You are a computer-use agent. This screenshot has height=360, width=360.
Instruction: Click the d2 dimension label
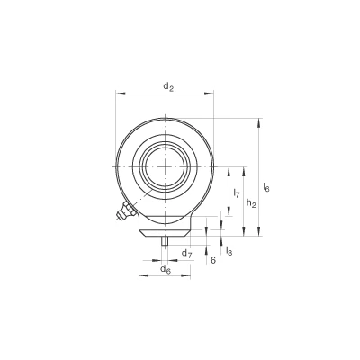click(x=168, y=86)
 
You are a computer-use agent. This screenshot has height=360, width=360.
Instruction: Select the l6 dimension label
click(x=266, y=187)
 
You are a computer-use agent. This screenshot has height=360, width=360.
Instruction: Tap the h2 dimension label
click(x=251, y=203)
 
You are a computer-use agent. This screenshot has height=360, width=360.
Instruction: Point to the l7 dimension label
click(x=237, y=193)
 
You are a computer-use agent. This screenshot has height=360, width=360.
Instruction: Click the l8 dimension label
click(x=229, y=250)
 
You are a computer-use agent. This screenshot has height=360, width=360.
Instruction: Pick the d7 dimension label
click(x=187, y=254)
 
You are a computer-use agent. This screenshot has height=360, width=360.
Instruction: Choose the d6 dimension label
click(x=166, y=269)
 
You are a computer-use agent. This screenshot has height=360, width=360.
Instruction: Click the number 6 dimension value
click(x=213, y=260)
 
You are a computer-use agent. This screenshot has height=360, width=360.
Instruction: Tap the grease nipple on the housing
click(x=126, y=211)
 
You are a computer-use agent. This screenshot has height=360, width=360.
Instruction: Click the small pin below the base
click(x=165, y=241)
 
